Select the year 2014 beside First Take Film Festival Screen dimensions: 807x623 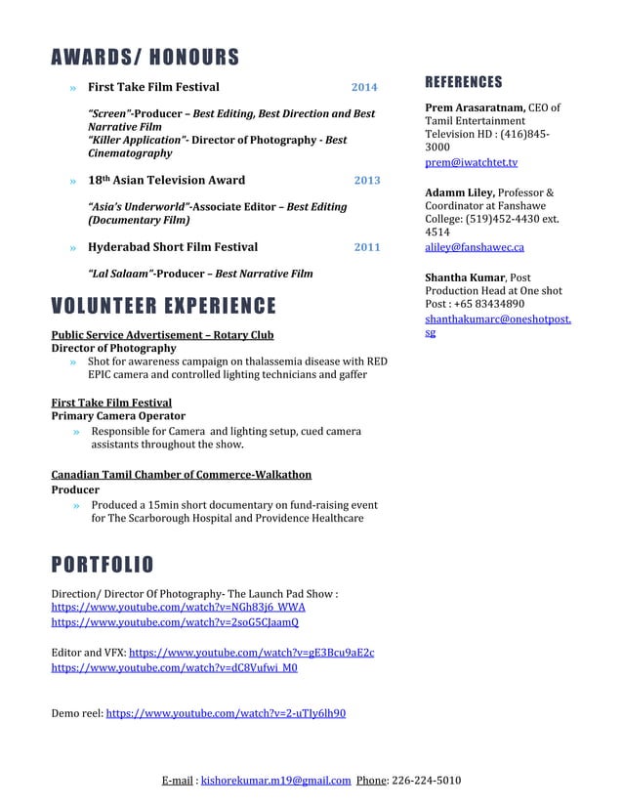click(364, 87)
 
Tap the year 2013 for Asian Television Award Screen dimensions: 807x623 click(367, 181)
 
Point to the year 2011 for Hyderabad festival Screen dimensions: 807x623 click(367, 247)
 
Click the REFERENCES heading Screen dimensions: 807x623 click(464, 82)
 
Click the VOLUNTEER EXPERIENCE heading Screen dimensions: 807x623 click(163, 307)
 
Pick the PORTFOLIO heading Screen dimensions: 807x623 click(102, 564)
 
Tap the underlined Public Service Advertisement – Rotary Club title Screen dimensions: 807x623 click(162, 335)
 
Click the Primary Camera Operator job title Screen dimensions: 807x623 click(117, 416)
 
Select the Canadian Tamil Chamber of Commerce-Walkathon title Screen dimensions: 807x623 click(181, 475)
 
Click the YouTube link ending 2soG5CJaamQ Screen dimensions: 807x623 click(175, 622)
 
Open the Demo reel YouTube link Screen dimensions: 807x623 click(225, 713)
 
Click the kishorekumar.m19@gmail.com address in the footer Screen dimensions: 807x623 click(275, 781)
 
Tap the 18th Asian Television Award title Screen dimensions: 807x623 click(166, 181)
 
